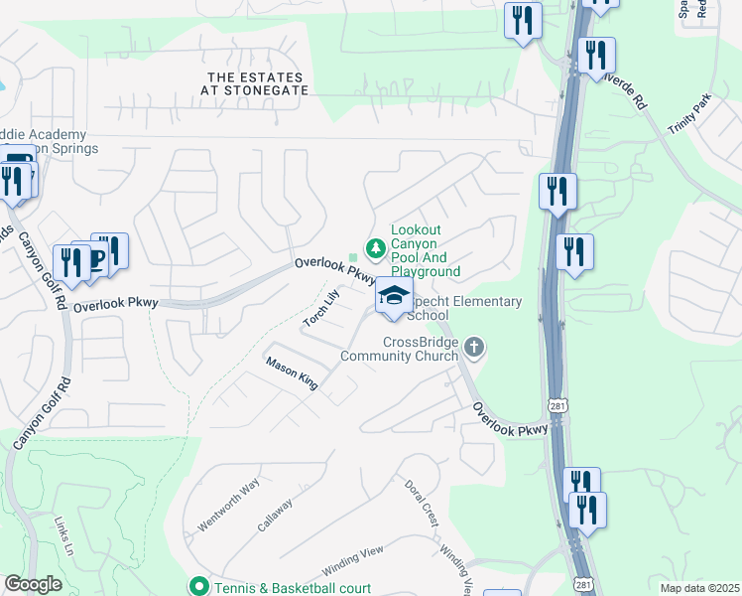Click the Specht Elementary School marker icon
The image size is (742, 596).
(394, 297)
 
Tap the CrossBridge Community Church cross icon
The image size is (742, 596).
(475, 347)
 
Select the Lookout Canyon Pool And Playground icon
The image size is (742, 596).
(376, 247)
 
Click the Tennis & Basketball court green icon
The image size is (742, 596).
(198, 588)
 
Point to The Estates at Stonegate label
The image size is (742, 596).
(257, 83)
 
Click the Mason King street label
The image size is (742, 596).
(292, 373)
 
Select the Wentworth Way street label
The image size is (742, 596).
(228, 503)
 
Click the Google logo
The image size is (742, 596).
(33, 584)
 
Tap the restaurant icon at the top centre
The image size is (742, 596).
(522, 22)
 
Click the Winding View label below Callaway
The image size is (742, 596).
(352, 563)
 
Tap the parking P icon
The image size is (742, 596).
(96, 259)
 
